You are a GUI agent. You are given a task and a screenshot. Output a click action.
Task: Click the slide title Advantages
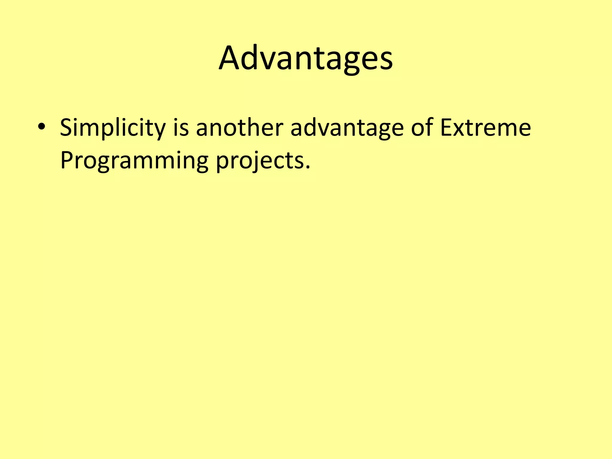tap(305, 58)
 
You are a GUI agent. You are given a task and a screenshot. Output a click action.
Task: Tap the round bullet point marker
tap(42, 127)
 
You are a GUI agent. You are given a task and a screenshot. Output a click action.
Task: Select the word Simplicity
tap(112, 128)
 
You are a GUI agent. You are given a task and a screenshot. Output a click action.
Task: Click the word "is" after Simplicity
tap(181, 128)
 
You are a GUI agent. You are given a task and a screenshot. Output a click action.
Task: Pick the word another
tap(239, 128)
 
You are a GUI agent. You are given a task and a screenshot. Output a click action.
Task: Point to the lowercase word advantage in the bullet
tap(347, 128)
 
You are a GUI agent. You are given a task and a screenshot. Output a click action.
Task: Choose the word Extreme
tap(485, 128)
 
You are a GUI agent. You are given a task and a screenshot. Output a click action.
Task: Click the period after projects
tap(308, 167)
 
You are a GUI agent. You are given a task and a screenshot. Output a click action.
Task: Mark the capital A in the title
tap(230, 58)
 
